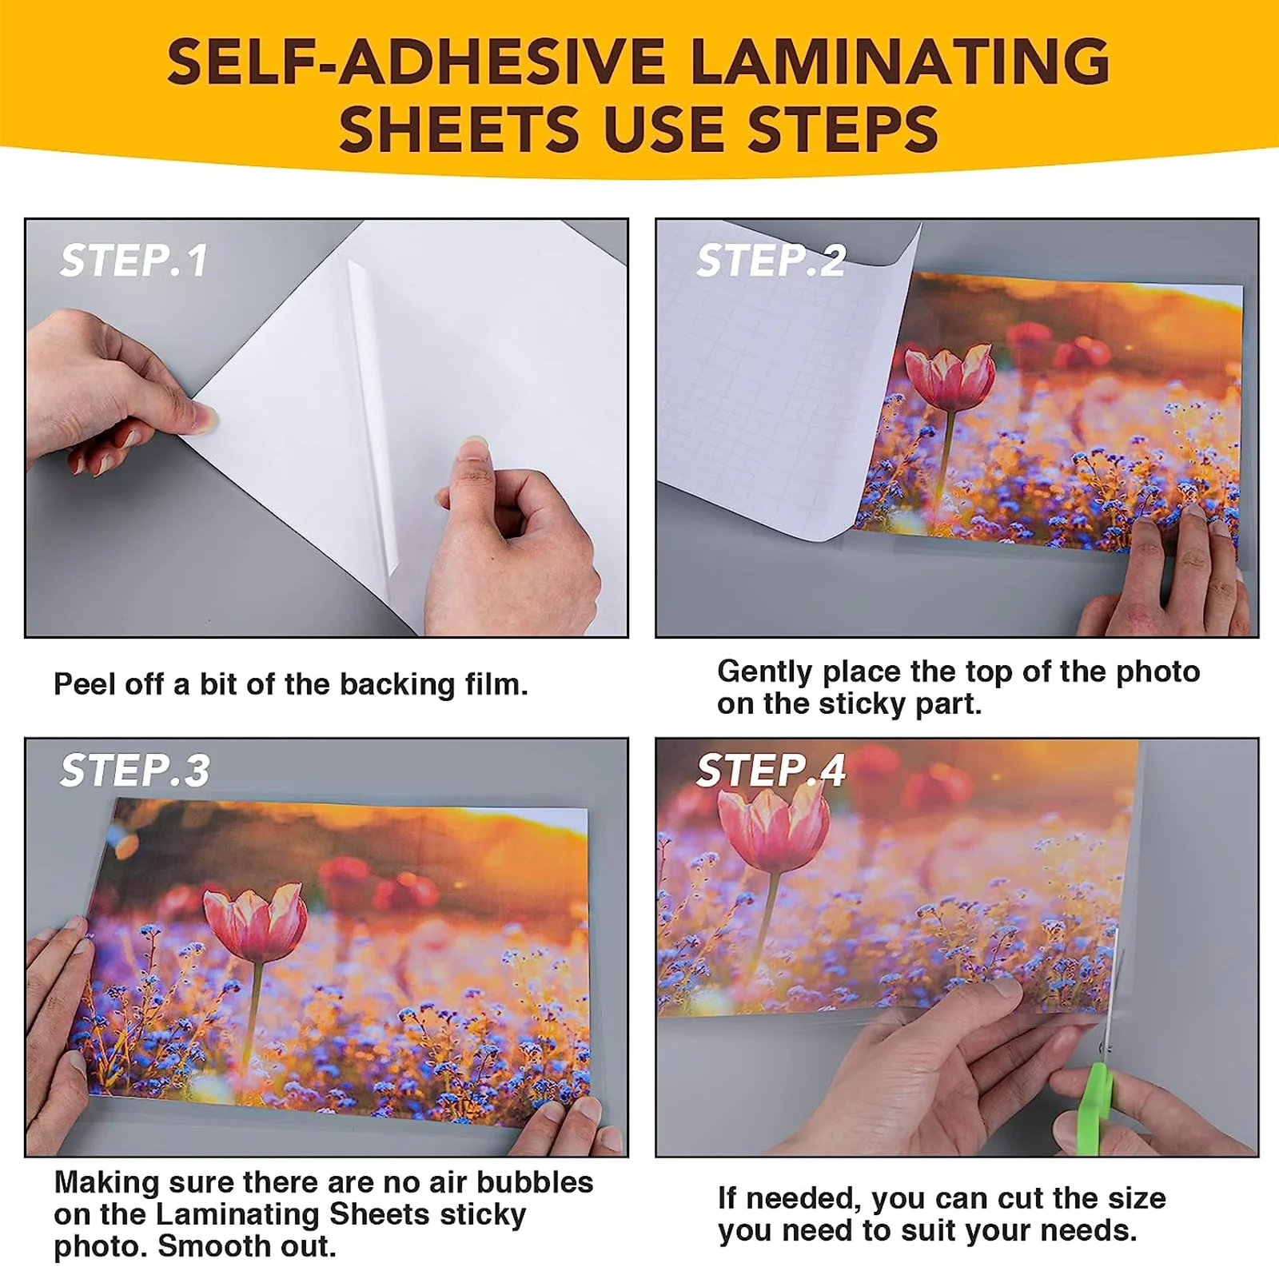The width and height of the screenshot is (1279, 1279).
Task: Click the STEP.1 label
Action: pos(133,261)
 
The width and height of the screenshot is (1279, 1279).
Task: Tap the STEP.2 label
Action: pos(770,261)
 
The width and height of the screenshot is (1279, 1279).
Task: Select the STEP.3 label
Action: pos(134,771)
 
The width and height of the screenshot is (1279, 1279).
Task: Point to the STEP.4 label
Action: pos(770,771)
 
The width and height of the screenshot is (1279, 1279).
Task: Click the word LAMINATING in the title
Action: pos(898,62)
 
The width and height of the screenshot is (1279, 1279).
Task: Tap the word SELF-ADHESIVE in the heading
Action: pos(416,62)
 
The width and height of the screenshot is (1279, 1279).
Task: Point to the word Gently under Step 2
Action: pos(763,672)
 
